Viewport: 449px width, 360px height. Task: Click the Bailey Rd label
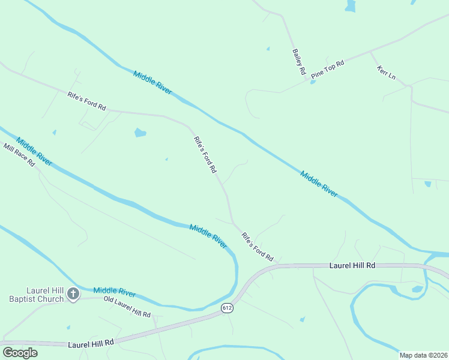coord(299,62)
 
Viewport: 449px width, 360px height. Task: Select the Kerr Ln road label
coord(386,73)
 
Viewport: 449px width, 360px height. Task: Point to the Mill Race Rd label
coord(19,155)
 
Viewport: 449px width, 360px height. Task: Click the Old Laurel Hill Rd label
coord(127,307)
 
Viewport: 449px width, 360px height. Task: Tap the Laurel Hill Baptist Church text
coord(36,295)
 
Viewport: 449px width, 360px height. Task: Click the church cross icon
coord(73,294)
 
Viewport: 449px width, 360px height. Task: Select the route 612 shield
coord(226,308)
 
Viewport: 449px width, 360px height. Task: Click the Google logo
coord(20,352)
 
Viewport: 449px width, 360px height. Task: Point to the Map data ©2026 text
coord(423,355)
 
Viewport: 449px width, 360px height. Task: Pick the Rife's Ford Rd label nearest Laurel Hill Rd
coord(258,247)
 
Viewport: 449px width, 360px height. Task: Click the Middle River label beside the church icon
coord(115,292)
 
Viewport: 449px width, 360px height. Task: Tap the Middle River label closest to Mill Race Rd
coord(34,152)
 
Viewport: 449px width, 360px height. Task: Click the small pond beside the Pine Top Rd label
coord(313,82)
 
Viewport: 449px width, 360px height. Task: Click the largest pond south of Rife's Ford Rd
coord(140,133)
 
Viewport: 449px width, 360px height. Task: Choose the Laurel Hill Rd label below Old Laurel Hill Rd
coord(91,343)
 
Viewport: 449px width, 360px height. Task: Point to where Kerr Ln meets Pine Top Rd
coord(370,52)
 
